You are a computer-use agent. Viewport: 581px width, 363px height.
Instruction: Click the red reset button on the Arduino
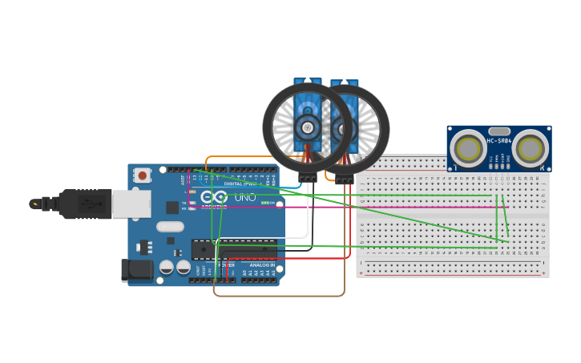[143, 175]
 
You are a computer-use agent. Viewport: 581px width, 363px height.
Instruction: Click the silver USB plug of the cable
[131, 204]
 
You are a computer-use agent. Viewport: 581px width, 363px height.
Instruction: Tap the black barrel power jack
[136, 270]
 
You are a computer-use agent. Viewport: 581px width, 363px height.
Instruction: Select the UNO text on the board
[244, 197]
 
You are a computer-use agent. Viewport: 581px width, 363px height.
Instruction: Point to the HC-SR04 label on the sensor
[498, 142]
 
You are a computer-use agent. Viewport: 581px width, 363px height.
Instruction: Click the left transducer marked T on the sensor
[467, 147]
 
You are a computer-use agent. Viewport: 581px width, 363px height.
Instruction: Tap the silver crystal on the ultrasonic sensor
[498, 131]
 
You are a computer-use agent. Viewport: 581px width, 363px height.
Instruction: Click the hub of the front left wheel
[307, 126]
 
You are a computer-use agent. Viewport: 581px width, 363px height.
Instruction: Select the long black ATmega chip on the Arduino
[234, 250]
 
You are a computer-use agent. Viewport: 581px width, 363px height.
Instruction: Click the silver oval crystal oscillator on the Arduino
[170, 227]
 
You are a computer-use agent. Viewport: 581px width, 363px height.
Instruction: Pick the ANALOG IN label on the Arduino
[261, 264]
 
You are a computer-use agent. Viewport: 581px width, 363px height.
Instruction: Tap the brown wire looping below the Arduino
[280, 296]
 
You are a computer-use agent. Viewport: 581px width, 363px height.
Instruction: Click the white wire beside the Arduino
[308, 216]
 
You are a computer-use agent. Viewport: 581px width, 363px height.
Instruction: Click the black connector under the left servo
[307, 178]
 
